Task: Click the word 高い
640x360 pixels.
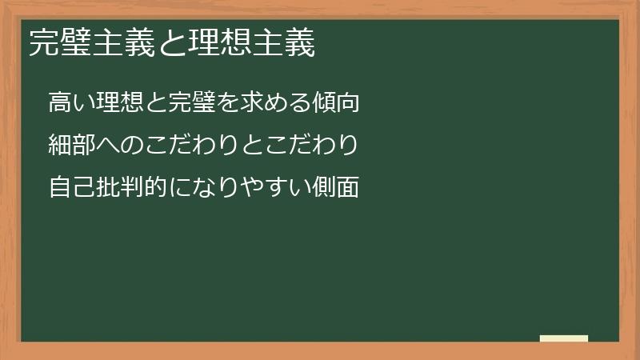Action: tap(70, 102)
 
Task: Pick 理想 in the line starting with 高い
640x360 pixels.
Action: tap(115, 102)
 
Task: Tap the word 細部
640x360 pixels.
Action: tap(70, 146)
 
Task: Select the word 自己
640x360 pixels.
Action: tap(70, 189)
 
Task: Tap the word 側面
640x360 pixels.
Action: tap(330, 189)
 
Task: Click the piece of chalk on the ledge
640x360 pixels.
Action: tap(564, 338)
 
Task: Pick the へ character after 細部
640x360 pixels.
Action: tap(104, 146)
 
